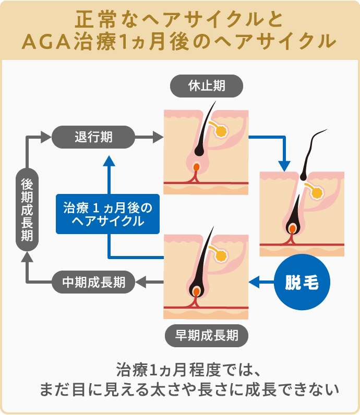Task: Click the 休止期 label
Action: (x=207, y=86)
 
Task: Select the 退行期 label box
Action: (x=93, y=138)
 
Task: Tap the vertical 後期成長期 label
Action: (x=27, y=210)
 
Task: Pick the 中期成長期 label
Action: (x=93, y=283)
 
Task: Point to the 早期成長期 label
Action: (x=207, y=335)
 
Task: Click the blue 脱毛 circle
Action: (x=301, y=283)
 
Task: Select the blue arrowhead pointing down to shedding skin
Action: (x=284, y=165)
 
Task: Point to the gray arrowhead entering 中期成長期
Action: (x=141, y=283)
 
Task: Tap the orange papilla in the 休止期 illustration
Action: (x=196, y=168)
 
